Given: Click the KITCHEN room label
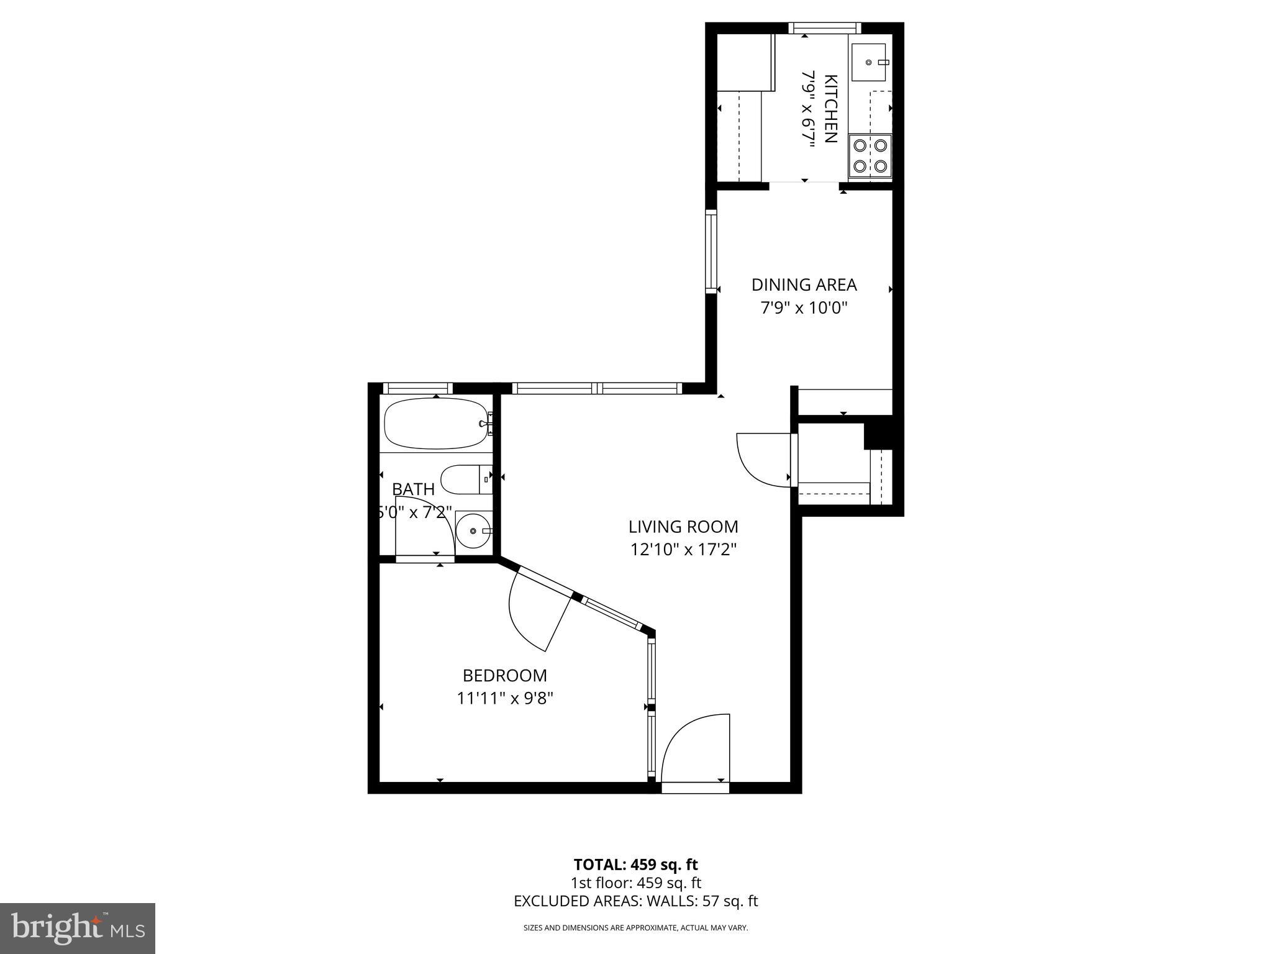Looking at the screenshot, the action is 831,109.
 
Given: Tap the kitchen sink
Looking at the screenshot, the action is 870,62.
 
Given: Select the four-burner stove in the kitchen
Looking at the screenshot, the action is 870,155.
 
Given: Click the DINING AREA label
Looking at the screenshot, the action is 804,284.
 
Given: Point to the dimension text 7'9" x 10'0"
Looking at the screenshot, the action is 804,307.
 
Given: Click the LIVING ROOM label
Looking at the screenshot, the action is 683,527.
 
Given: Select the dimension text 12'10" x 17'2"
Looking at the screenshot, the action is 683,550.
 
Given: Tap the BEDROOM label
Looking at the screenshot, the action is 504,675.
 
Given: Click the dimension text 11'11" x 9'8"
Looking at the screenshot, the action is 504,698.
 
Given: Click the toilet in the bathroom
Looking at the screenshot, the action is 465,479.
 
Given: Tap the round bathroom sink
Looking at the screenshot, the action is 474,531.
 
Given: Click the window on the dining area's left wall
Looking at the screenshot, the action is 711,252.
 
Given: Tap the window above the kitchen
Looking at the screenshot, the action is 825,28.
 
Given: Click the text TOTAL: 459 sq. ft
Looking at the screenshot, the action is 635,865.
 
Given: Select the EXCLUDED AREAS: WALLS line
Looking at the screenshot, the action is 635,901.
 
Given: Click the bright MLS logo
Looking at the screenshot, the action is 78,928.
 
